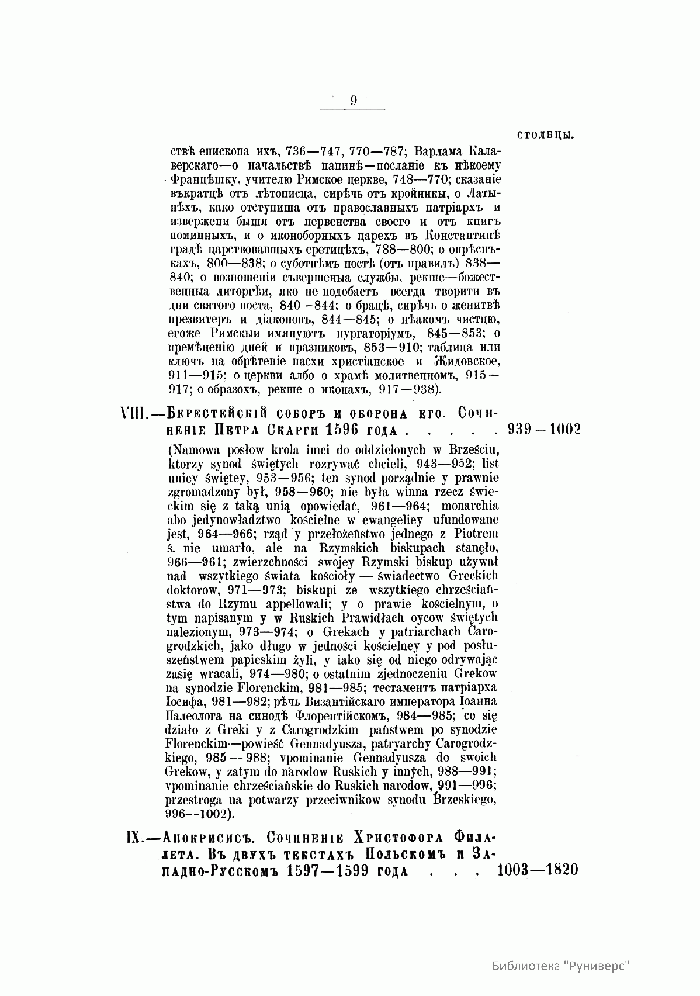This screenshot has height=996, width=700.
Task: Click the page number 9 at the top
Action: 354,101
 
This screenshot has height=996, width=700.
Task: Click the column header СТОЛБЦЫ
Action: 545,136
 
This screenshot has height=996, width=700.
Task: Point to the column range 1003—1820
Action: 536,870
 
